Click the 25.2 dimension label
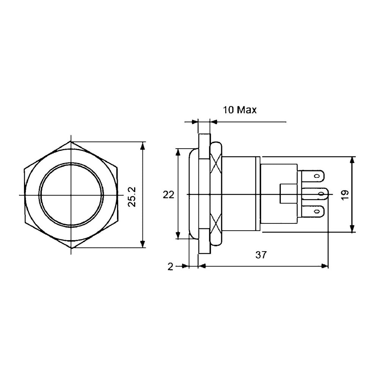[x=133, y=196]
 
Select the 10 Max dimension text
[x=239, y=110]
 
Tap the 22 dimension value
[x=168, y=195]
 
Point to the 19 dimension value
[x=344, y=195]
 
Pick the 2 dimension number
[x=170, y=266]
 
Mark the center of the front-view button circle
[x=71, y=195]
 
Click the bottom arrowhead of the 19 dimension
[x=353, y=230]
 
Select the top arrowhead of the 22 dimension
[x=178, y=151]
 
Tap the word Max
[x=247, y=110]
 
